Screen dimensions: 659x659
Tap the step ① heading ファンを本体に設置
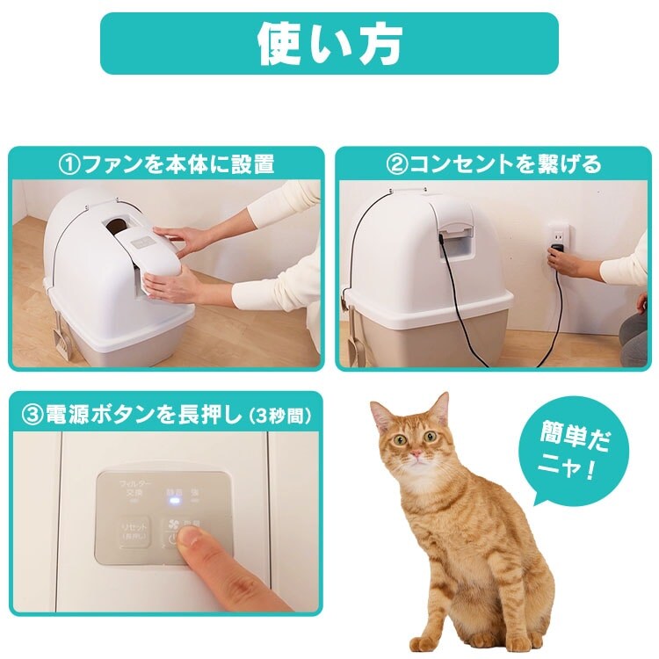tap(166, 164)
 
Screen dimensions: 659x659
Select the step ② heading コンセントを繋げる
tap(494, 164)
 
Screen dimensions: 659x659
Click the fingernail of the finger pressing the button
tap(188, 546)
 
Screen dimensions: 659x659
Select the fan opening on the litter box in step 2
tap(454, 238)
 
